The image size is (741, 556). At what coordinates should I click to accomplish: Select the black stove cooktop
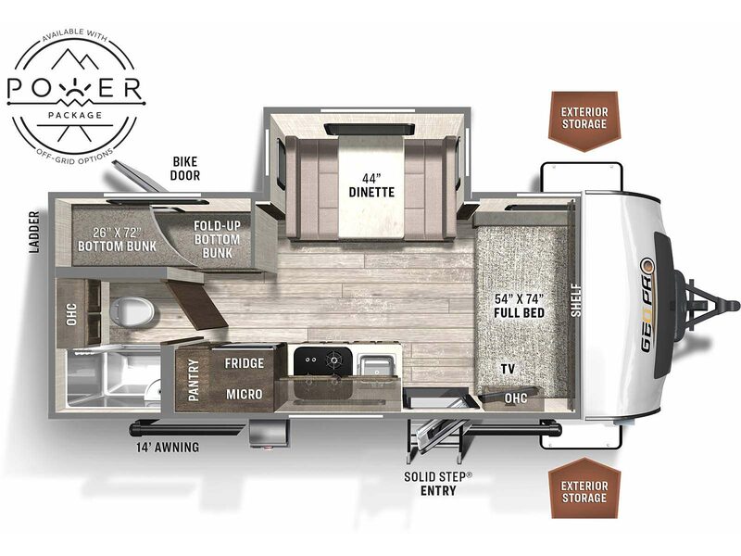323,360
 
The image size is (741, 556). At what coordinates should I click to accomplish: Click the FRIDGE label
244,363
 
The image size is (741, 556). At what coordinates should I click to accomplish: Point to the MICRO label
244,394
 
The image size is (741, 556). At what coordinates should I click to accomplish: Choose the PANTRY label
194,380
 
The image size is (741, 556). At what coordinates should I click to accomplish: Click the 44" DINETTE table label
371,185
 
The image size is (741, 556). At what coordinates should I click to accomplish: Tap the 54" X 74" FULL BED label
519,306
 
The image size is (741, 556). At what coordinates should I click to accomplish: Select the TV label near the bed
508,369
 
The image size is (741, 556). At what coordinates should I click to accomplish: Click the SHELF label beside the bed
575,300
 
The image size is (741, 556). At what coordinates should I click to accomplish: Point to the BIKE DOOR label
184,169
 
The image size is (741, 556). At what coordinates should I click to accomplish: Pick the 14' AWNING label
168,447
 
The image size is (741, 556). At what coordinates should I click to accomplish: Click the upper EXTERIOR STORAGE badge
584,121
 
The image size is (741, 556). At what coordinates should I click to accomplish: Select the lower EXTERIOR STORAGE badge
584,487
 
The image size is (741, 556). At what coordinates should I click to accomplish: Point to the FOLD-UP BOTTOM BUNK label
217,239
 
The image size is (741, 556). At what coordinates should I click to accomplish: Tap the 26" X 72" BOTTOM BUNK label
117,239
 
